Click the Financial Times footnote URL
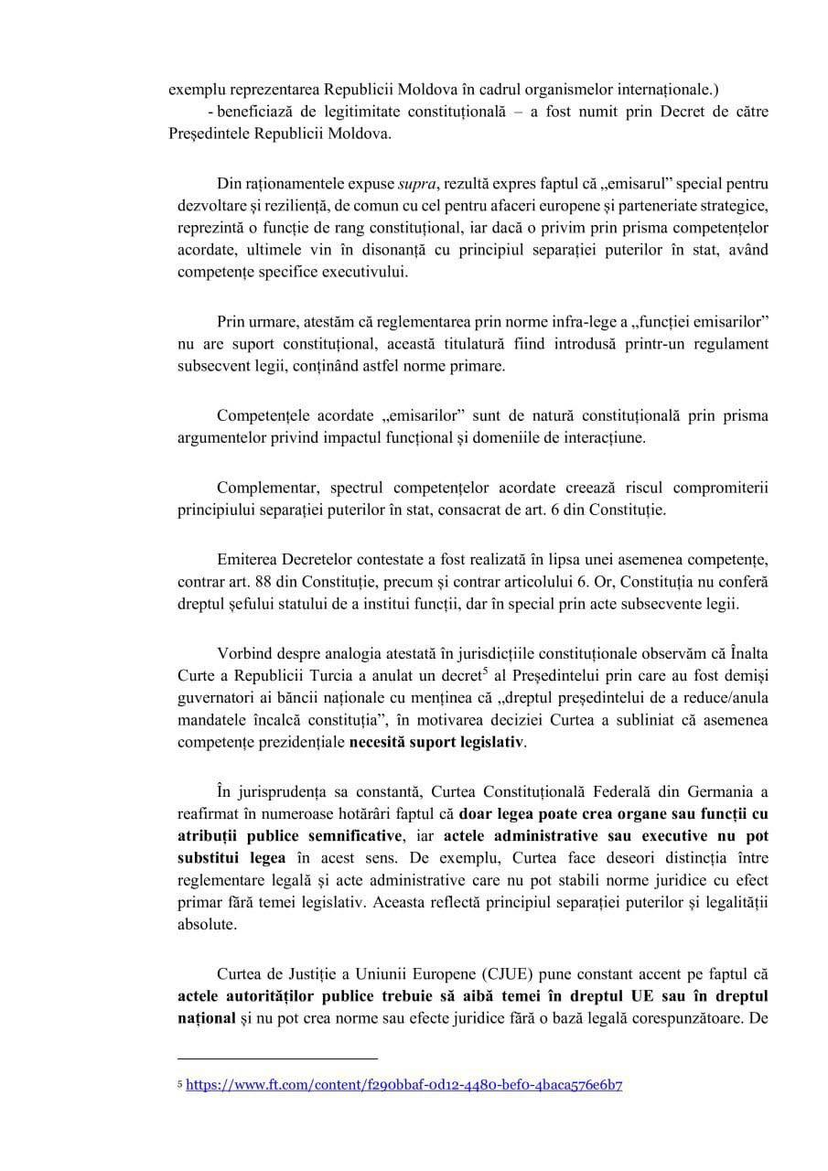[x=404, y=1086]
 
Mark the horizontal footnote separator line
[x=277, y=1058]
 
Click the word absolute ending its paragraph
[x=207, y=924]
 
